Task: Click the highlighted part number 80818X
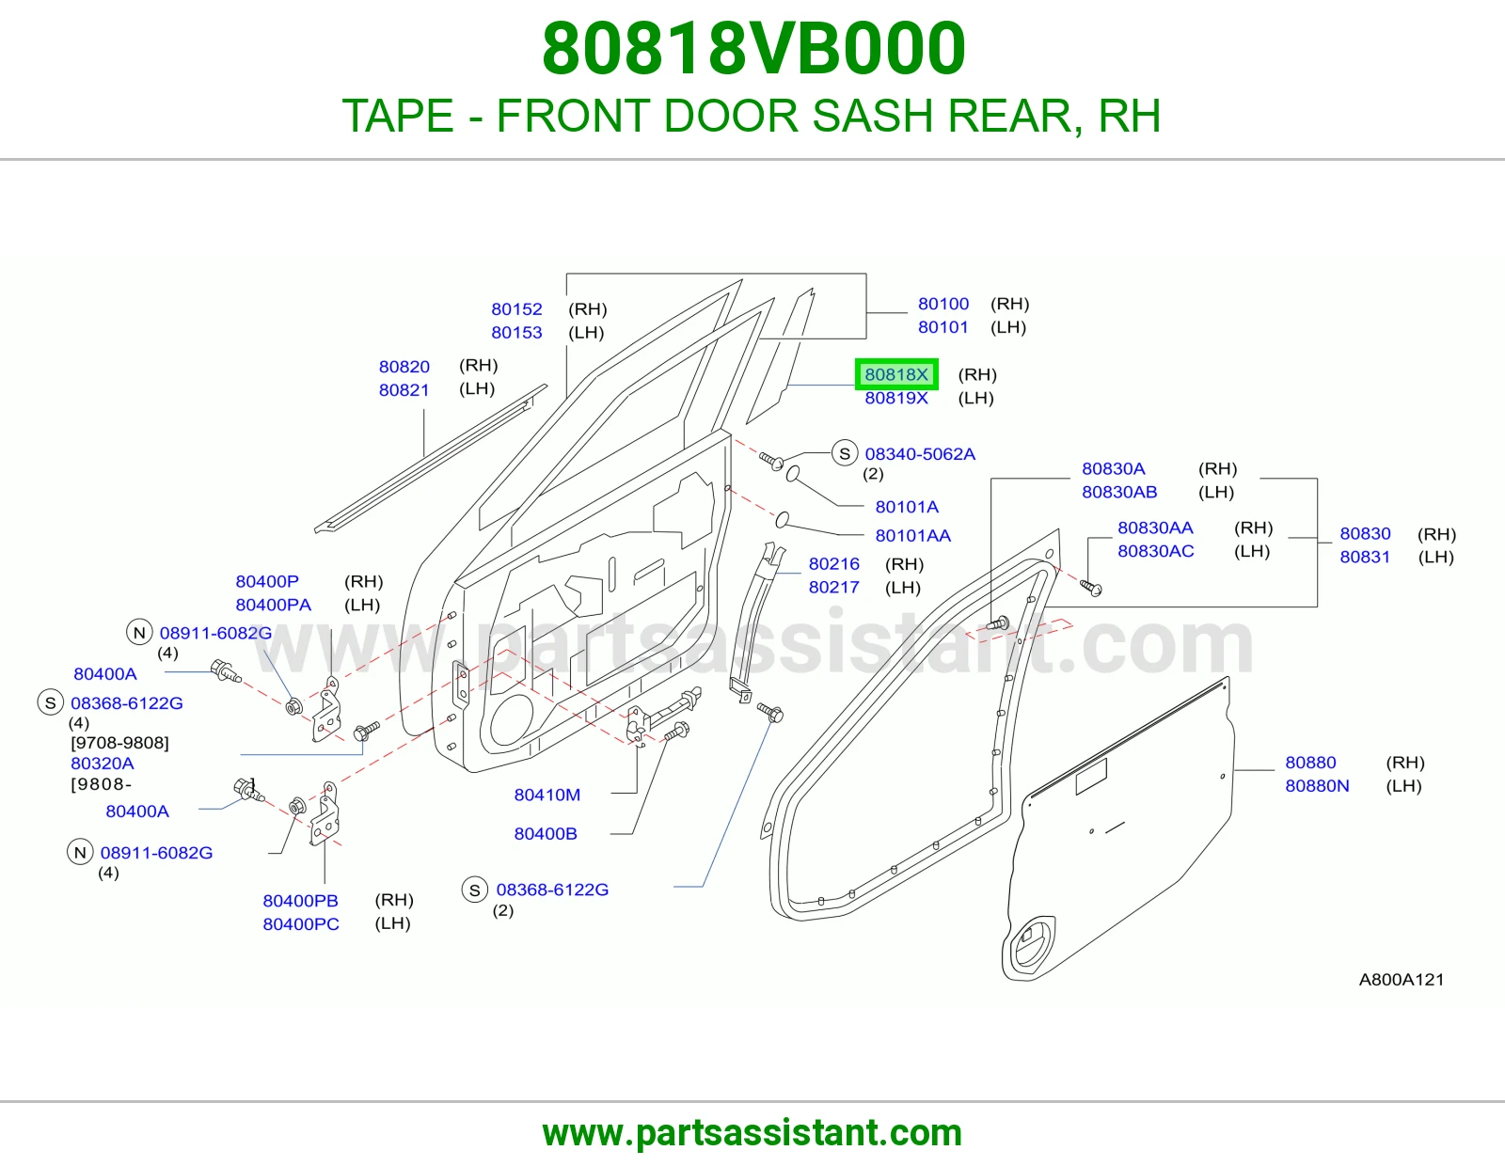896,374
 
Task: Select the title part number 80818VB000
753,49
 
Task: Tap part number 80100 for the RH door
943,304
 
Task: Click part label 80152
516,308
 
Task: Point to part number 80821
404,390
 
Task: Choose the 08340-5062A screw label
920,453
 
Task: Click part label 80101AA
912,535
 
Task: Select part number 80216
834,563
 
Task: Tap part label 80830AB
1119,492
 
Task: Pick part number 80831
1365,557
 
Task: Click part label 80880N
1317,786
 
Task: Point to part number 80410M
547,795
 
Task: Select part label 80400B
546,834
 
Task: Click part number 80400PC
301,923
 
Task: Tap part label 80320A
103,763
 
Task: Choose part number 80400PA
274,605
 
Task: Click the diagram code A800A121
1402,979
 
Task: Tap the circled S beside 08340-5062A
845,453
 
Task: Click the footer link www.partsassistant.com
752,1133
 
